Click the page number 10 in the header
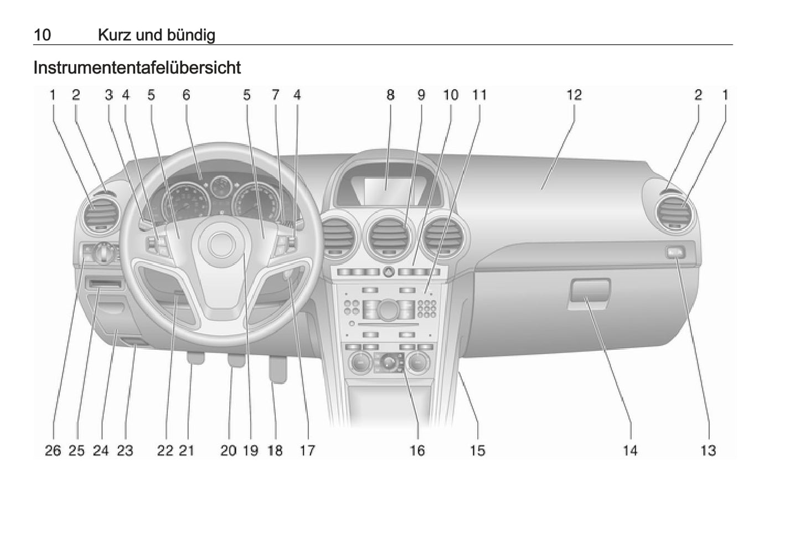[x=42, y=35]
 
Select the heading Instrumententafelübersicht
[x=137, y=68]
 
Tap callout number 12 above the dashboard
[x=574, y=95]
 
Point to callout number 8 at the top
[x=390, y=95]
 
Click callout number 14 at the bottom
[x=630, y=450]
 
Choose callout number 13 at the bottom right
[x=708, y=450]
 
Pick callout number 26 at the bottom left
[x=53, y=450]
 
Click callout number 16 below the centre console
[x=417, y=450]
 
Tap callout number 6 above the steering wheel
[x=186, y=95]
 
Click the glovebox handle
[x=589, y=291]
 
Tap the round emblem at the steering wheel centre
[x=221, y=244]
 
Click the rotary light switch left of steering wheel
[x=106, y=253]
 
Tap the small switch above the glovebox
[x=674, y=253]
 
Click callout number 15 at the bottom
[x=477, y=450]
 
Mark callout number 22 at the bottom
[x=165, y=450]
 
